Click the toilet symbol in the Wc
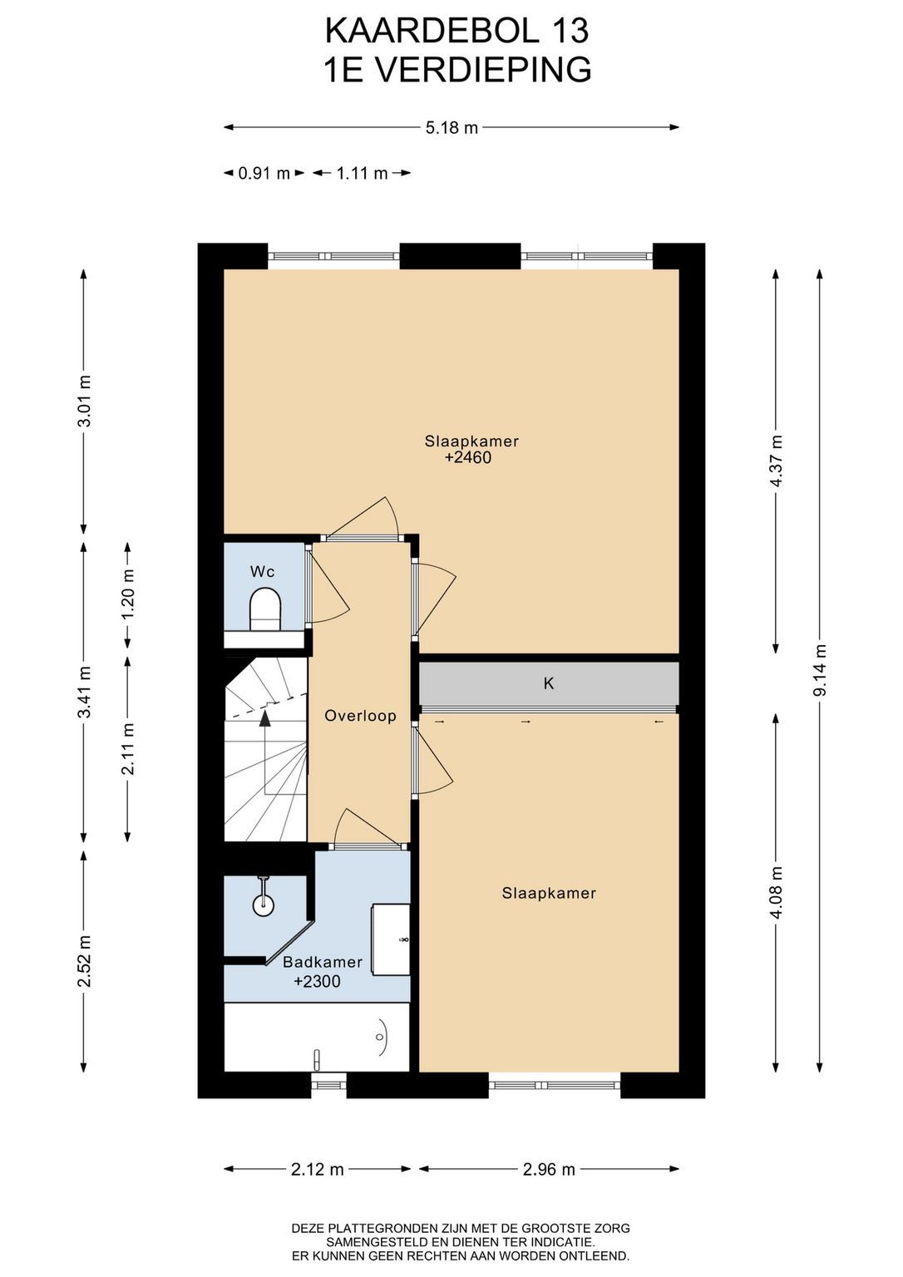coord(265,610)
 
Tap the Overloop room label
coord(360,716)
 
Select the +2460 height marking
coord(468,458)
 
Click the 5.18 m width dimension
coord(451,127)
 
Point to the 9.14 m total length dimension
coord(821,670)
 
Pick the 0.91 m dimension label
coord(264,173)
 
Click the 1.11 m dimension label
coord(362,173)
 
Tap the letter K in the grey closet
coord(549,683)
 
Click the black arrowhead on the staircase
coord(265,718)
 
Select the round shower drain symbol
coord(263,905)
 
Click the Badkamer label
coord(323,962)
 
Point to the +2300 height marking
coord(317,981)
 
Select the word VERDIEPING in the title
coord(482,70)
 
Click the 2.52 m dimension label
coord(84,961)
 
